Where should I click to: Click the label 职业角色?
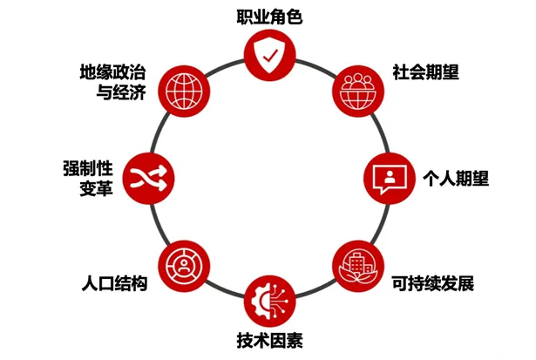click(269, 17)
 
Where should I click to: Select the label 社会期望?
click(425, 72)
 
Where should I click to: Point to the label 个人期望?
click(456, 178)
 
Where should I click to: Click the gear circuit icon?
click(269, 298)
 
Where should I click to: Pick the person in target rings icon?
click(182, 263)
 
